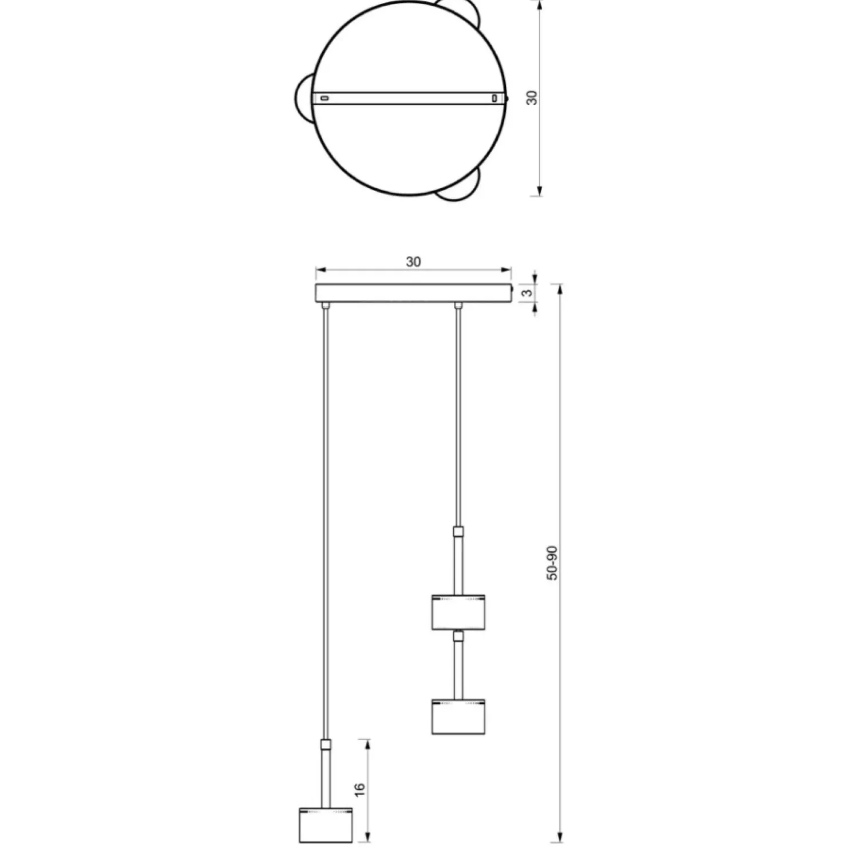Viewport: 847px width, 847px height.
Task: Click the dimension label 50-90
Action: click(x=552, y=563)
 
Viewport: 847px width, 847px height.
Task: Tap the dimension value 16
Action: click(x=359, y=789)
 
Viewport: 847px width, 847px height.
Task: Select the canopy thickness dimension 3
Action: click(x=528, y=292)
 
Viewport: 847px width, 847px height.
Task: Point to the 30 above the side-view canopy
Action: click(x=413, y=262)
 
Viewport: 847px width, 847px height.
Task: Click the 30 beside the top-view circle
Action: click(x=532, y=98)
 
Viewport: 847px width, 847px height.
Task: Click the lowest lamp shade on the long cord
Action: click(x=325, y=824)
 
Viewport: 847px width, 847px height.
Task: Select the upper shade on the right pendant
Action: click(x=459, y=612)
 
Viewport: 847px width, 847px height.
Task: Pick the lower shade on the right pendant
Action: click(x=459, y=716)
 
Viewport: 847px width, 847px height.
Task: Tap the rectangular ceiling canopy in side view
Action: click(x=413, y=292)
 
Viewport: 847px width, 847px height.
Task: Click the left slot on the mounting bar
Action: click(x=324, y=98)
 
